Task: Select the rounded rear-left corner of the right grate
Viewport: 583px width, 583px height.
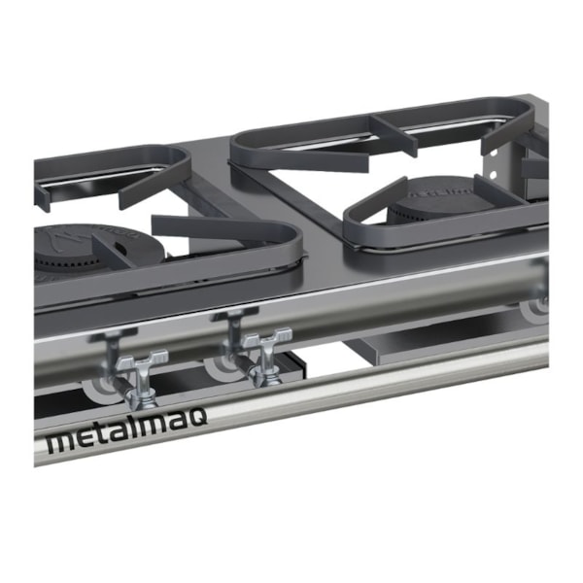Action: click(x=241, y=146)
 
